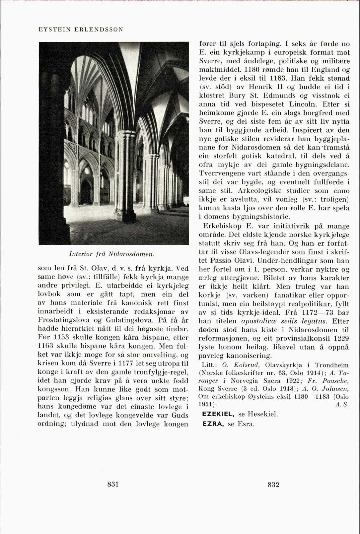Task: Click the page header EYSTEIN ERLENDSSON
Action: (81, 29)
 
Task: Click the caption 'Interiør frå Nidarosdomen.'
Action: (113, 254)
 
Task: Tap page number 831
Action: (113, 484)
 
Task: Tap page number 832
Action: (273, 485)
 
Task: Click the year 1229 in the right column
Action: (341, 338)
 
